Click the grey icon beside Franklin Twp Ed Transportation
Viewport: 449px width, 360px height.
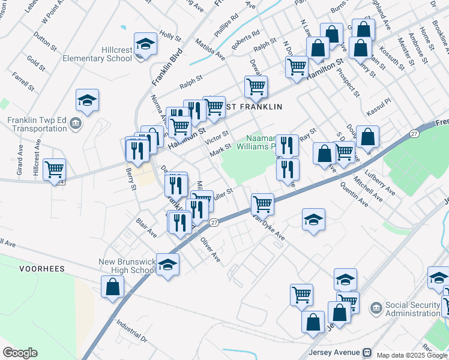tap(76, 124)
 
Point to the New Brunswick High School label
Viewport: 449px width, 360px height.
tap(127, 266)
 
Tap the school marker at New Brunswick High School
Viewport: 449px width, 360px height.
tap(167, 265)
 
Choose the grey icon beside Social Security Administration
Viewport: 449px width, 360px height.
tap(376, 309)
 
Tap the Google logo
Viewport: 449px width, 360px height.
tap(20, 352)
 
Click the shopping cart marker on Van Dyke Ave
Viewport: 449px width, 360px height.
tap(262, 204)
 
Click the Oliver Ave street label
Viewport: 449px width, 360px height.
tap(210, 251)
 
